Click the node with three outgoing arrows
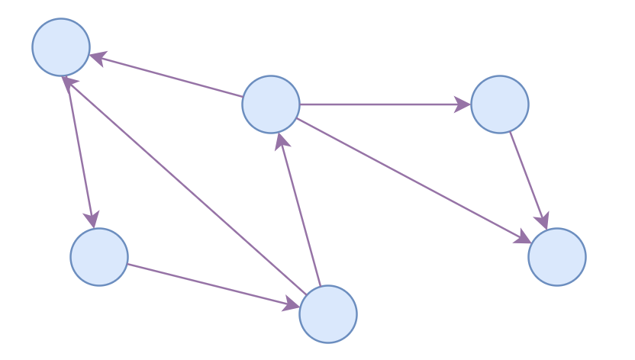point(271,104)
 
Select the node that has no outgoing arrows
point(557,257)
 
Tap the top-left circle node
point(61,47)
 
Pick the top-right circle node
point(500,104)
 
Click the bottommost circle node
point(328,314)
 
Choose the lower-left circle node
point(99,257)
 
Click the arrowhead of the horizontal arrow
point(463,104)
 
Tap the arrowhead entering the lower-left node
point(92,220)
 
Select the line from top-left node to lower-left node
point(80,149)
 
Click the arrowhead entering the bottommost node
point(291,305)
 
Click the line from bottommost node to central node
point(301,214)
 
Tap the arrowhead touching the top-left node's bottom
point(67,82)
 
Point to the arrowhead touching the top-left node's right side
point(98,57)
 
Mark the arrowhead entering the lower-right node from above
point(543,220)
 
